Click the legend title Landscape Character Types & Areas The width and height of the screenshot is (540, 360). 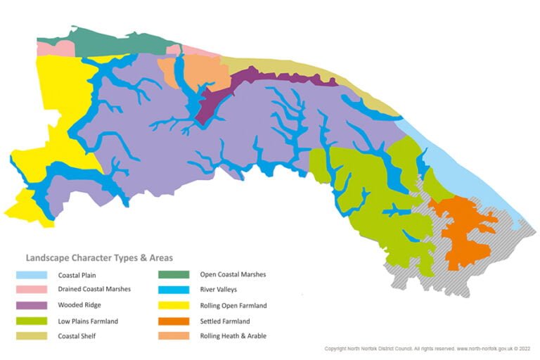(x=99, y=258)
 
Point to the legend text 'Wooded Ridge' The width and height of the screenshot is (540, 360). (x=80, y=305)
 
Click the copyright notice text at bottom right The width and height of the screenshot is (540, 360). (x=427, y=348)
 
